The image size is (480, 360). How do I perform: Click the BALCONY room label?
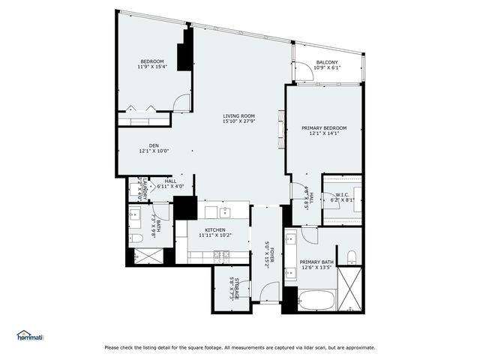point(326,62)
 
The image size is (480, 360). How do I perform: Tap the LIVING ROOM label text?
point(238,116)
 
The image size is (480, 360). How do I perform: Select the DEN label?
point(153,145)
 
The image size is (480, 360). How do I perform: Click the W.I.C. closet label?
point(334,196)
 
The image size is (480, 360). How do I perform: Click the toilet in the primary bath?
point(351,257)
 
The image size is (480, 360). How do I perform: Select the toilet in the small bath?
point(136,238)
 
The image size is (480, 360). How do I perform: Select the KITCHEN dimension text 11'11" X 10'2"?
point(214,235)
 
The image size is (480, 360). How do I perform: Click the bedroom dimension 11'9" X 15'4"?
point(152,67)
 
